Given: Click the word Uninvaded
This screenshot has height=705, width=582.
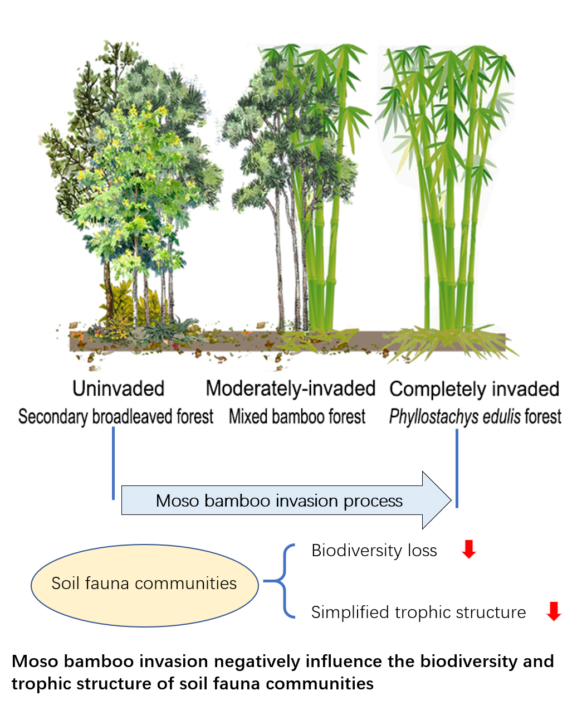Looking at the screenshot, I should [x=118, y=388].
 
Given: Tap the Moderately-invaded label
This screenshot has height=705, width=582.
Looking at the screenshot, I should [x=290, y=388].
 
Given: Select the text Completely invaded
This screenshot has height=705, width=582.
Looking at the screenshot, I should [x=474, y=389].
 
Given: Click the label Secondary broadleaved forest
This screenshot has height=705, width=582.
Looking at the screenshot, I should [x=116, y=416].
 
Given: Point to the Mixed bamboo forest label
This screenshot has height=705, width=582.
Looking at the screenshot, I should [x=297, y=416].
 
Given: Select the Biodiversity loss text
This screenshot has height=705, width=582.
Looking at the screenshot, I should [x=374, y=551].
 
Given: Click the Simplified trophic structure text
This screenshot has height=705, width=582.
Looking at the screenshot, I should [x=418, y=612].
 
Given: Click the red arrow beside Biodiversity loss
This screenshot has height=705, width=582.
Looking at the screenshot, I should [x=469, y=550].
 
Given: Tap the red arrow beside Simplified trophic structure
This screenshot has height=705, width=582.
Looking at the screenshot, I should [x=554, y=611].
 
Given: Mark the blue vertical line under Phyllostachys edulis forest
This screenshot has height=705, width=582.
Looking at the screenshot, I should [x=457, y=468].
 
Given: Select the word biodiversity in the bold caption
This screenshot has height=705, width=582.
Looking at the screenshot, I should [x=470, y=662].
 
